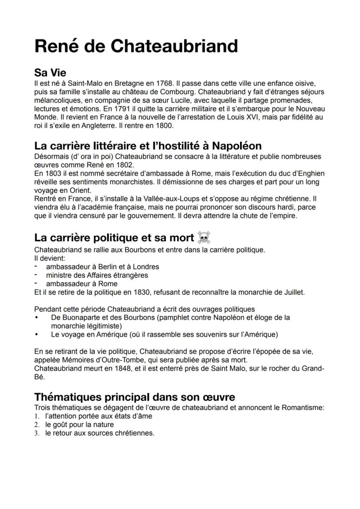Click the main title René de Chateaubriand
(x=136, y=46)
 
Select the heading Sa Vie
(x=50, y=73)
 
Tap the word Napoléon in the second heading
(x=237, y=145)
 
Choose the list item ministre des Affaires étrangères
(x=97, y=275)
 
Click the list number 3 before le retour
(x=38, y=433)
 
